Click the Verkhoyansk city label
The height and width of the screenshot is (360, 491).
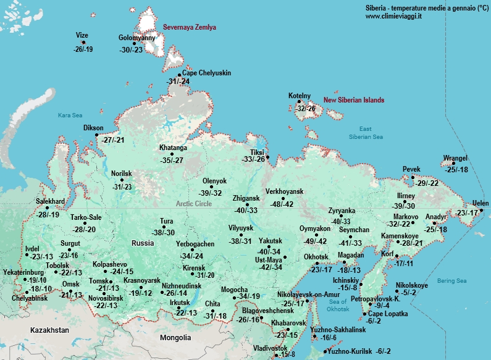(285, 191)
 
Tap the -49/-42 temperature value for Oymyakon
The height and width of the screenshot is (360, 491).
(314, 241)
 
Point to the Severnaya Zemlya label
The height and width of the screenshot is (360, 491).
(190, 28)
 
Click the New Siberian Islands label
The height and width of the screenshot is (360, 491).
(354, 100)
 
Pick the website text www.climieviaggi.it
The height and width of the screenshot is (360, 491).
(393, 16)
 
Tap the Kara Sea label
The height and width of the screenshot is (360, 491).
(70, 115)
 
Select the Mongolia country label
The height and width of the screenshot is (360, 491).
(175, 338)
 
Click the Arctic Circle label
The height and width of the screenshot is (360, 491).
(194, 204)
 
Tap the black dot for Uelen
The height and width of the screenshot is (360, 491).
(481, 209)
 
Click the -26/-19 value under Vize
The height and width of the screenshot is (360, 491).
(83, 49)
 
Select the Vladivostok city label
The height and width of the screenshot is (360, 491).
(271, 348)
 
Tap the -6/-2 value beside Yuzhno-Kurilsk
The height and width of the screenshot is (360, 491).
(384, 351)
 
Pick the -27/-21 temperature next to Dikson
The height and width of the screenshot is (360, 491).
(113, 140)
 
